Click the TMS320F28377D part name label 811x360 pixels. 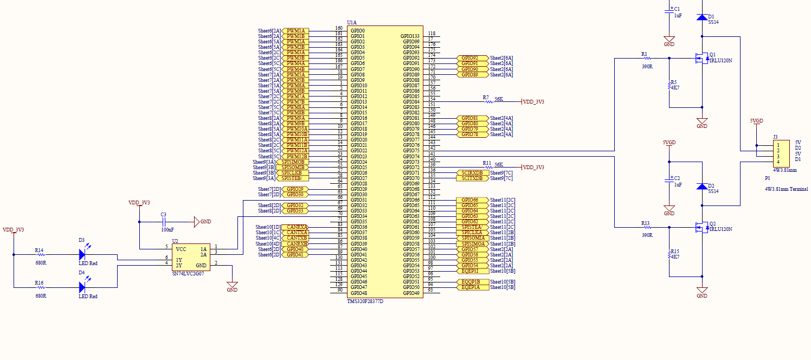pyautogui.click(x=365, y=301)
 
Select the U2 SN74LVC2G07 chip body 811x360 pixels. pyautogui.click(x=191, y=257)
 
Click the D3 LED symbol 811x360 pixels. pyautogui.click(x=82, y=254)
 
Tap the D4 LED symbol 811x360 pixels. pyautogui.click(x=82, y=287)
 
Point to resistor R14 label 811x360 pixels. pyautogui.click(x=39, y=250)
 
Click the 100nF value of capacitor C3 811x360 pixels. pyautogui.click(x=167, y=230)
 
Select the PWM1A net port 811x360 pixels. pyautogui.click(x=295, y=31)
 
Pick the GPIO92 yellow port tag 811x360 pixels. pyautogui.click(x=469, y=58)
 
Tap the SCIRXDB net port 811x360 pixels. pyautogui.click(x=472, y=172)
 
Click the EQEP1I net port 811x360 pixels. pyautogui.click(x=469, y=271)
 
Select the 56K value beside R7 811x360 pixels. pyautogui.click(x=499, y=99)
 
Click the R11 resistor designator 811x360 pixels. pyautogui.click(x=487, y=163)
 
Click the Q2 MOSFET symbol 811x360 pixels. pyautogui.click(x=702, y=228)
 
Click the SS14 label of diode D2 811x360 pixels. pyautogui.click(x=713, y=191)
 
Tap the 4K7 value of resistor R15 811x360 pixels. pyautogui.click(x=675, y=257)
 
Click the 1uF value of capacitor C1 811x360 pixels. pyautogui.click(x=678, y=16)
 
